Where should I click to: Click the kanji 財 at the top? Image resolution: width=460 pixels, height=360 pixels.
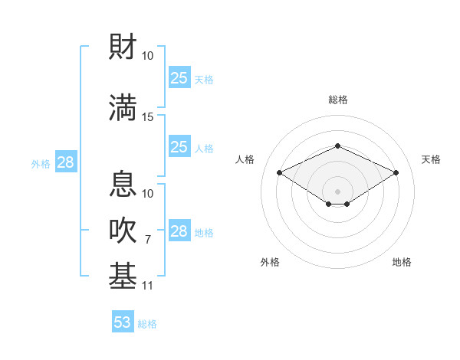(x=123, y=47)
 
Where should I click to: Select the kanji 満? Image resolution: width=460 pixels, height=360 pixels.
(x=123, y=107)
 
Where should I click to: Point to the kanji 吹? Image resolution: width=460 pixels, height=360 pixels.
(x=123, y=231)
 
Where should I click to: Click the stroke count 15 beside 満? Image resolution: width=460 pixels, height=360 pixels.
(x=148, y=116)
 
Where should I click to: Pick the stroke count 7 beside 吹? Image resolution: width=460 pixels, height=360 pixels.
(x=148, y=240)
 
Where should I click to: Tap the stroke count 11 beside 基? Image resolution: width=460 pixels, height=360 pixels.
(x=148, y=286)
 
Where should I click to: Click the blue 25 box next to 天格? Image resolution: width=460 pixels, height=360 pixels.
(x=179, y=78)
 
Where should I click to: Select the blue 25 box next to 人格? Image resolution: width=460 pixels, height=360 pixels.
(x=179, y=147)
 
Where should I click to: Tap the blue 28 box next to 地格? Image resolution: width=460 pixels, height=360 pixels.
(x=179, y=231)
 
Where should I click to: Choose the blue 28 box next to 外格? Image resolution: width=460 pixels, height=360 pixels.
(x=65, y=162)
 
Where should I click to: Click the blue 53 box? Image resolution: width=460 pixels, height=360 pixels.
(x=122, y=322)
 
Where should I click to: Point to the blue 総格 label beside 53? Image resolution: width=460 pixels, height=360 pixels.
(x=147, y=324)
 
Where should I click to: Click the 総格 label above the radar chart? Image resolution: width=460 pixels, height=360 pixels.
(x=338, y=100)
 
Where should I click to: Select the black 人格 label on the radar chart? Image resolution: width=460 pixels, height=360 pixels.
(x=245, y=159)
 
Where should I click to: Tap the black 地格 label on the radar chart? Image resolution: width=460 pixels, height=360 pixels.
(x=402, y=262)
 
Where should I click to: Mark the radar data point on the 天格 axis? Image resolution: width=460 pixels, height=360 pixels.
(x=396, y=173)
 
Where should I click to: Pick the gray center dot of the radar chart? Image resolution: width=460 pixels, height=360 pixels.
(x=337, y=191)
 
